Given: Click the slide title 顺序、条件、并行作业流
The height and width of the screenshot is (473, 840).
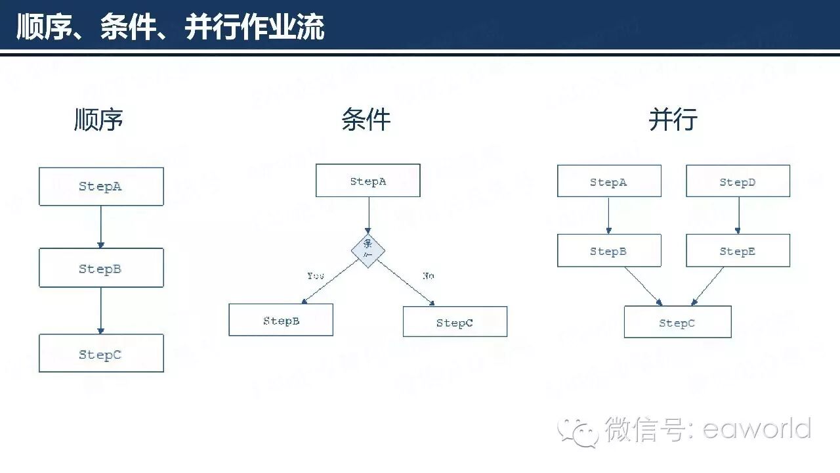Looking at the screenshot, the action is coord(170,28).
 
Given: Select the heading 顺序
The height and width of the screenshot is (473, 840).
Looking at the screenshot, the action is coord(98,120).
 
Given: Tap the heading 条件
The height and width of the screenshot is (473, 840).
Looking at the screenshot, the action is coord(366,120).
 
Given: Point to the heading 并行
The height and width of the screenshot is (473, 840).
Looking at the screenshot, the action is coord(673,120).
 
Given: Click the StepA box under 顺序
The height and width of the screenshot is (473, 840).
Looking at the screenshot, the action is coord(101,187).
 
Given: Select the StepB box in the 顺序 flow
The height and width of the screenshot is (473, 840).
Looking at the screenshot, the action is coord(101,268).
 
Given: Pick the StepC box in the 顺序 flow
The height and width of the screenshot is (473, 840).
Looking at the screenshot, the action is coord(101,353).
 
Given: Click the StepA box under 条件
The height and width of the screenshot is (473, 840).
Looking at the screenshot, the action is coord(367,181).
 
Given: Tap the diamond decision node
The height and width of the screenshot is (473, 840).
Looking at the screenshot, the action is coord(368,250).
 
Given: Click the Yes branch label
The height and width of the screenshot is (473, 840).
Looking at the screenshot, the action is coord(316,276).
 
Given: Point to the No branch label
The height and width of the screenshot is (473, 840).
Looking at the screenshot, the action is coord(428,276).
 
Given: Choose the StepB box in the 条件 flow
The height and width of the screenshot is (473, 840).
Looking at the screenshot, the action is coord(281,321).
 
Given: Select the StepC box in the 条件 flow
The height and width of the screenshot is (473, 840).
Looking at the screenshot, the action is coord(455,322).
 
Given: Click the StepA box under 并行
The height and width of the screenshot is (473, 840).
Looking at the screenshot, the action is coord(609,181).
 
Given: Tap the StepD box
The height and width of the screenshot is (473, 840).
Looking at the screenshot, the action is coord(738,181).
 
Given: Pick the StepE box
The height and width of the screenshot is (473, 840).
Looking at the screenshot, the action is coord(738,251).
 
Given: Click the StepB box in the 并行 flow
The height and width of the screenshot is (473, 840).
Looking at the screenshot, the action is coord(609,251).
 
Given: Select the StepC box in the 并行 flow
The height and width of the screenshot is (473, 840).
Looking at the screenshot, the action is coord(677,323).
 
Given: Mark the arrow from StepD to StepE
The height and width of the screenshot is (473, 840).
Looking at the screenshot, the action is coord(738,215).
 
